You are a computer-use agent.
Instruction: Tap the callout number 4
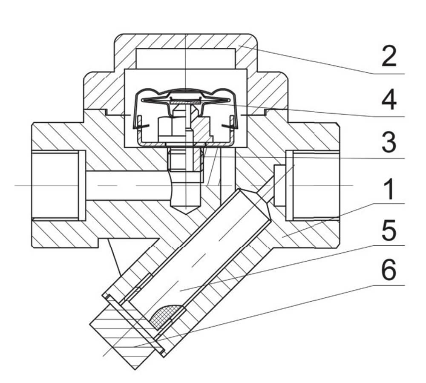click(389, 101)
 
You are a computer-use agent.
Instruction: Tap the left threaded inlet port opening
click(55, 186)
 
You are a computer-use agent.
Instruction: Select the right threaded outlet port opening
click(313, 186)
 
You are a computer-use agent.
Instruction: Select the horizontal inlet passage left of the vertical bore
click(128, 186)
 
